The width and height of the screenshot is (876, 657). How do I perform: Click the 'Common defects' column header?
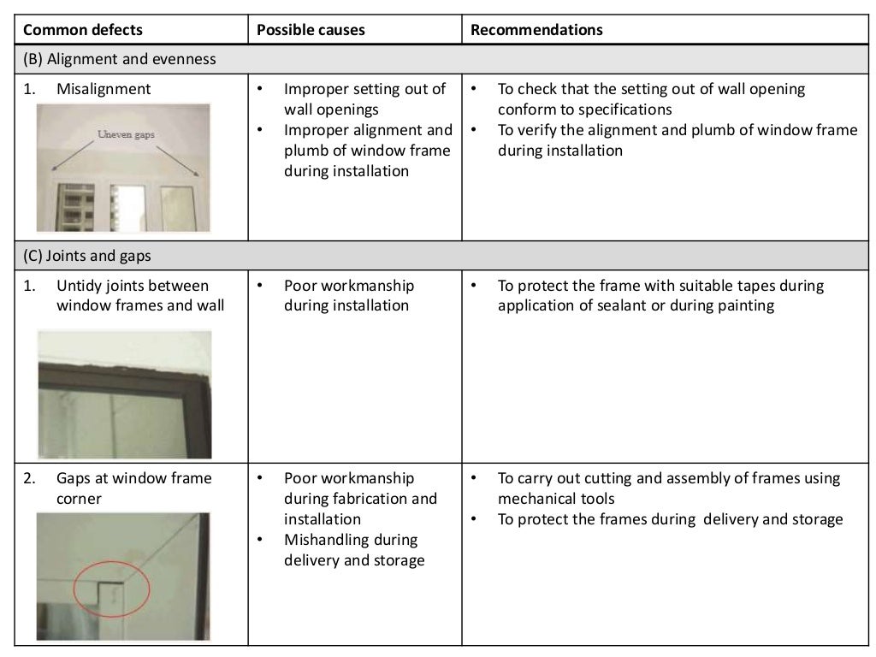[x=83, y=30]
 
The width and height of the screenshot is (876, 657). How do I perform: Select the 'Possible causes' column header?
[x=311, y=30]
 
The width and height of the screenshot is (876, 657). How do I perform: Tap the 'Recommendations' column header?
[x=536, y=30]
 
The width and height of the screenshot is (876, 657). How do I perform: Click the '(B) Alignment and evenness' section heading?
[x=119, y=59]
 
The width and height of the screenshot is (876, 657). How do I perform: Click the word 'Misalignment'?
[x=104, y=89]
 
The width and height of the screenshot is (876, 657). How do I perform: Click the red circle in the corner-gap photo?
[x=111, y=589]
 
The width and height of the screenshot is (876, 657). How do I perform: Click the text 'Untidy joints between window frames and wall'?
[x=140, y=295]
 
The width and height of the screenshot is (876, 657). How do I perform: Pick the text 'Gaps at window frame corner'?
[x=133, y=488]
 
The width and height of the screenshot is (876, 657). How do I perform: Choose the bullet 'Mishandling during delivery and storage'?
[x=354, y=550]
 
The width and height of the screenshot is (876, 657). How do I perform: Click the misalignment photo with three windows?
[x=124, y=169]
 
